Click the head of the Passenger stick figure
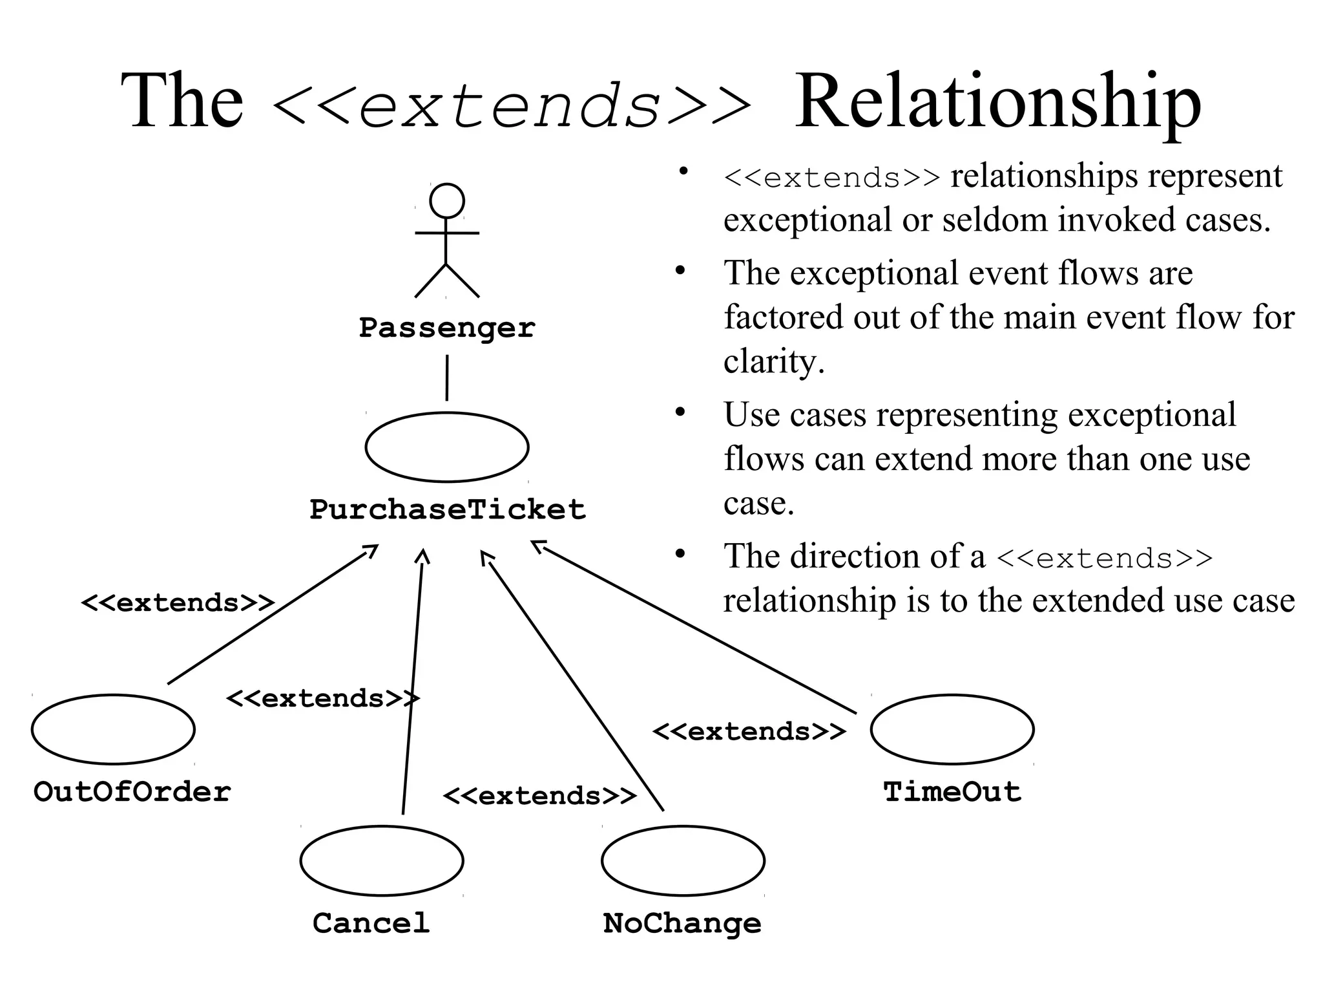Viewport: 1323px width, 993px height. [446, 200]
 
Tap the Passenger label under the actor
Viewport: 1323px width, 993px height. [447, 328]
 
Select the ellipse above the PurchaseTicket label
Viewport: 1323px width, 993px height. [446, 447]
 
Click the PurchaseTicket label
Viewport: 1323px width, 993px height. [447, 509]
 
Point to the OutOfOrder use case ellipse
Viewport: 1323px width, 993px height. [113, 729]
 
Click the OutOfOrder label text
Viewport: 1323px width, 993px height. [132, 792]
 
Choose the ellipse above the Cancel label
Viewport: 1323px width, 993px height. [381, 860]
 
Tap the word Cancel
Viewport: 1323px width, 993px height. [371, 923]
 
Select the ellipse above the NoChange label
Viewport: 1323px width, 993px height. [683, 860]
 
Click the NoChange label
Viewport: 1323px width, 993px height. [682, 923]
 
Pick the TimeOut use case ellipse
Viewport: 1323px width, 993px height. [952, 729]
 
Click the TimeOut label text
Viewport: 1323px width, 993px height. [952, 792]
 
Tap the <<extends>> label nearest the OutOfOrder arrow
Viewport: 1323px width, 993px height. [177, 603]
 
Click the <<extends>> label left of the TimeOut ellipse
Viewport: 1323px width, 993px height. [748, 732]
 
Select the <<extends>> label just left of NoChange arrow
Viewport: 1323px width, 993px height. [539, 796]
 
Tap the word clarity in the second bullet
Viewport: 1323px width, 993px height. [773, 361]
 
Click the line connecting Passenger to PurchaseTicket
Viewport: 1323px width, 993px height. [446, 378]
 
